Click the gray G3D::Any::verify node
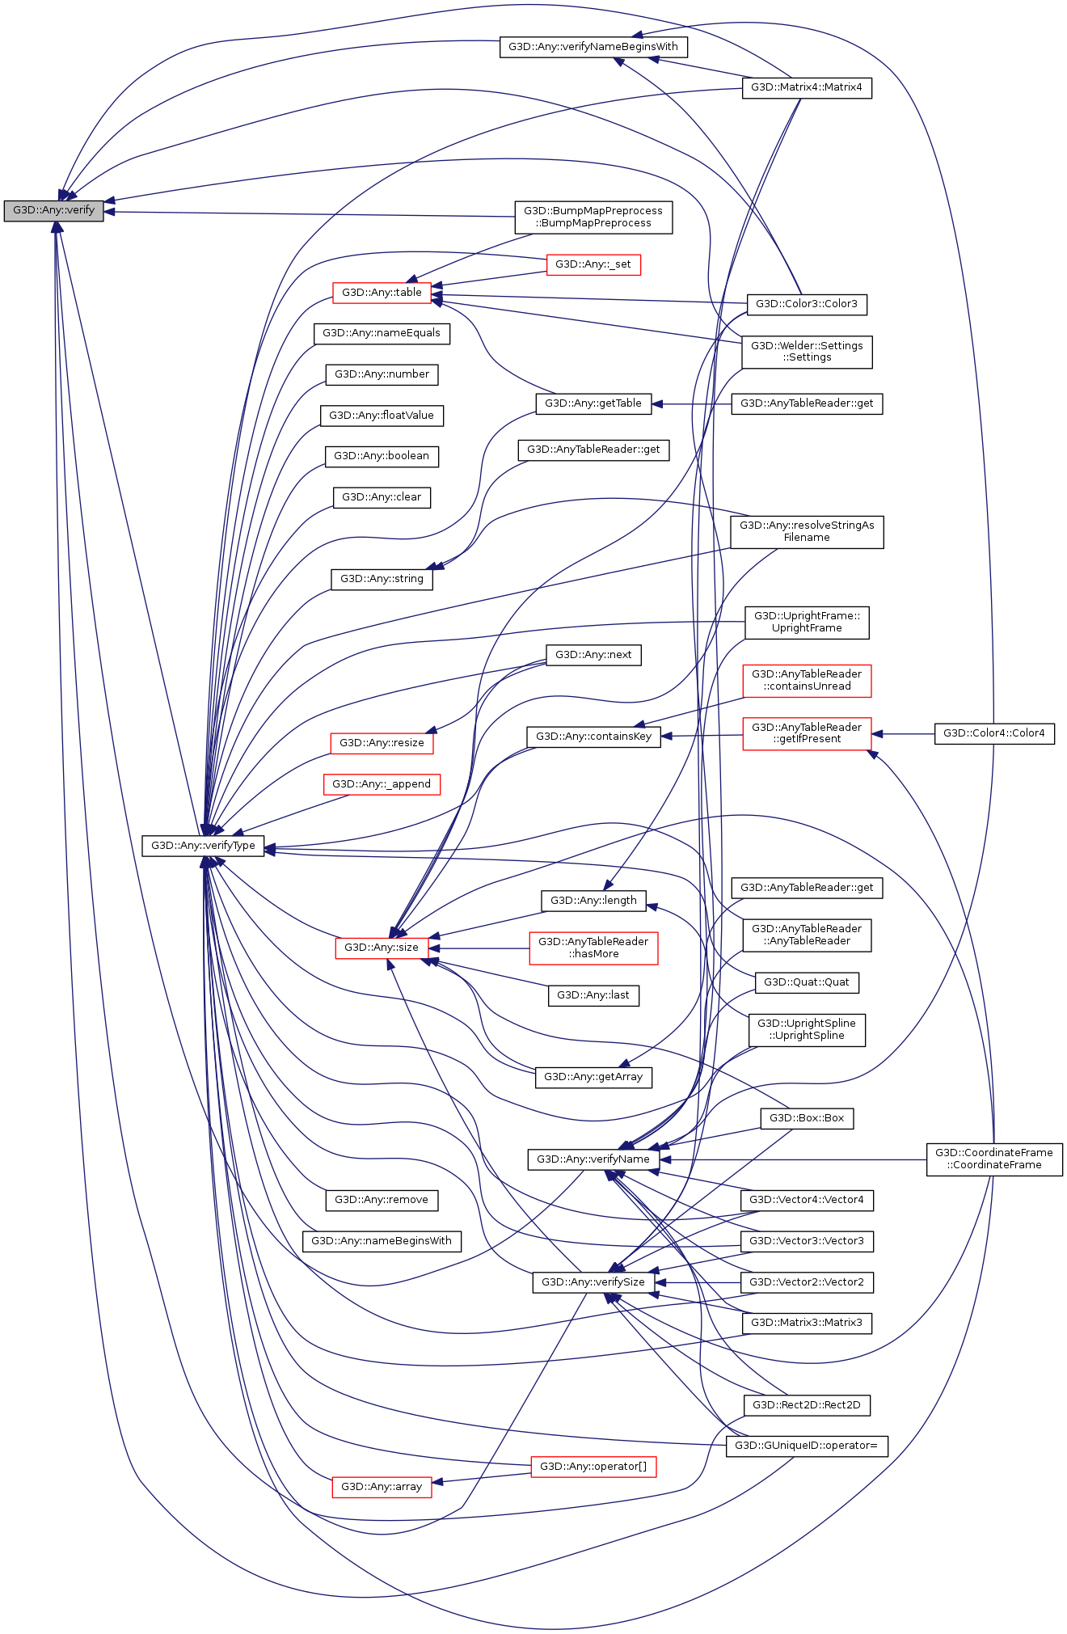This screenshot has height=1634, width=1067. tap(53, 210)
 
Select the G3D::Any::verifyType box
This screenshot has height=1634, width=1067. tap(203, 846)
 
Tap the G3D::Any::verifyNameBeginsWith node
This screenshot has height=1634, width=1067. tap(593, 47)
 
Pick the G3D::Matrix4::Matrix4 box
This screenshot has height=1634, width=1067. tap(806, 87)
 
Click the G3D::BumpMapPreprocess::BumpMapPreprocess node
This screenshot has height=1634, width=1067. tap(593, 217)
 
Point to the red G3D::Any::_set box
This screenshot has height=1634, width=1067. tap(593, 264)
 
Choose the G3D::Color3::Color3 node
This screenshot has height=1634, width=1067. tap(806, 304)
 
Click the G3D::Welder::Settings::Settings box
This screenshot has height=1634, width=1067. tap(806, 352)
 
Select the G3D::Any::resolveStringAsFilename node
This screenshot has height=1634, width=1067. tap(806, 531)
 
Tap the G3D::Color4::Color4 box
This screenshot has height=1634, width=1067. tap(993, 733)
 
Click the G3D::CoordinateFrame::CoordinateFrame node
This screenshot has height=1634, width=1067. tap(993, 1159)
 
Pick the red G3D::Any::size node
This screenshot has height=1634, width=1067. tap(381, 948)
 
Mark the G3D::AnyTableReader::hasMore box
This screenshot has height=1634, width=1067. tap(593, 948)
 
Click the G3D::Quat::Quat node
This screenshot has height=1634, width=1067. tap(806, 982)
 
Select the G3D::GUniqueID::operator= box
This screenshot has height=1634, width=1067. tap(806, 1446)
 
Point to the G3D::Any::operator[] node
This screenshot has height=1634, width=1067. tap(593, 1467)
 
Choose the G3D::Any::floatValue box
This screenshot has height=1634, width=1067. tap(381, 416)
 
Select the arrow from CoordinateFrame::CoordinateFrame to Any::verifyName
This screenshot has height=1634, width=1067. tap(792, 1159)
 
